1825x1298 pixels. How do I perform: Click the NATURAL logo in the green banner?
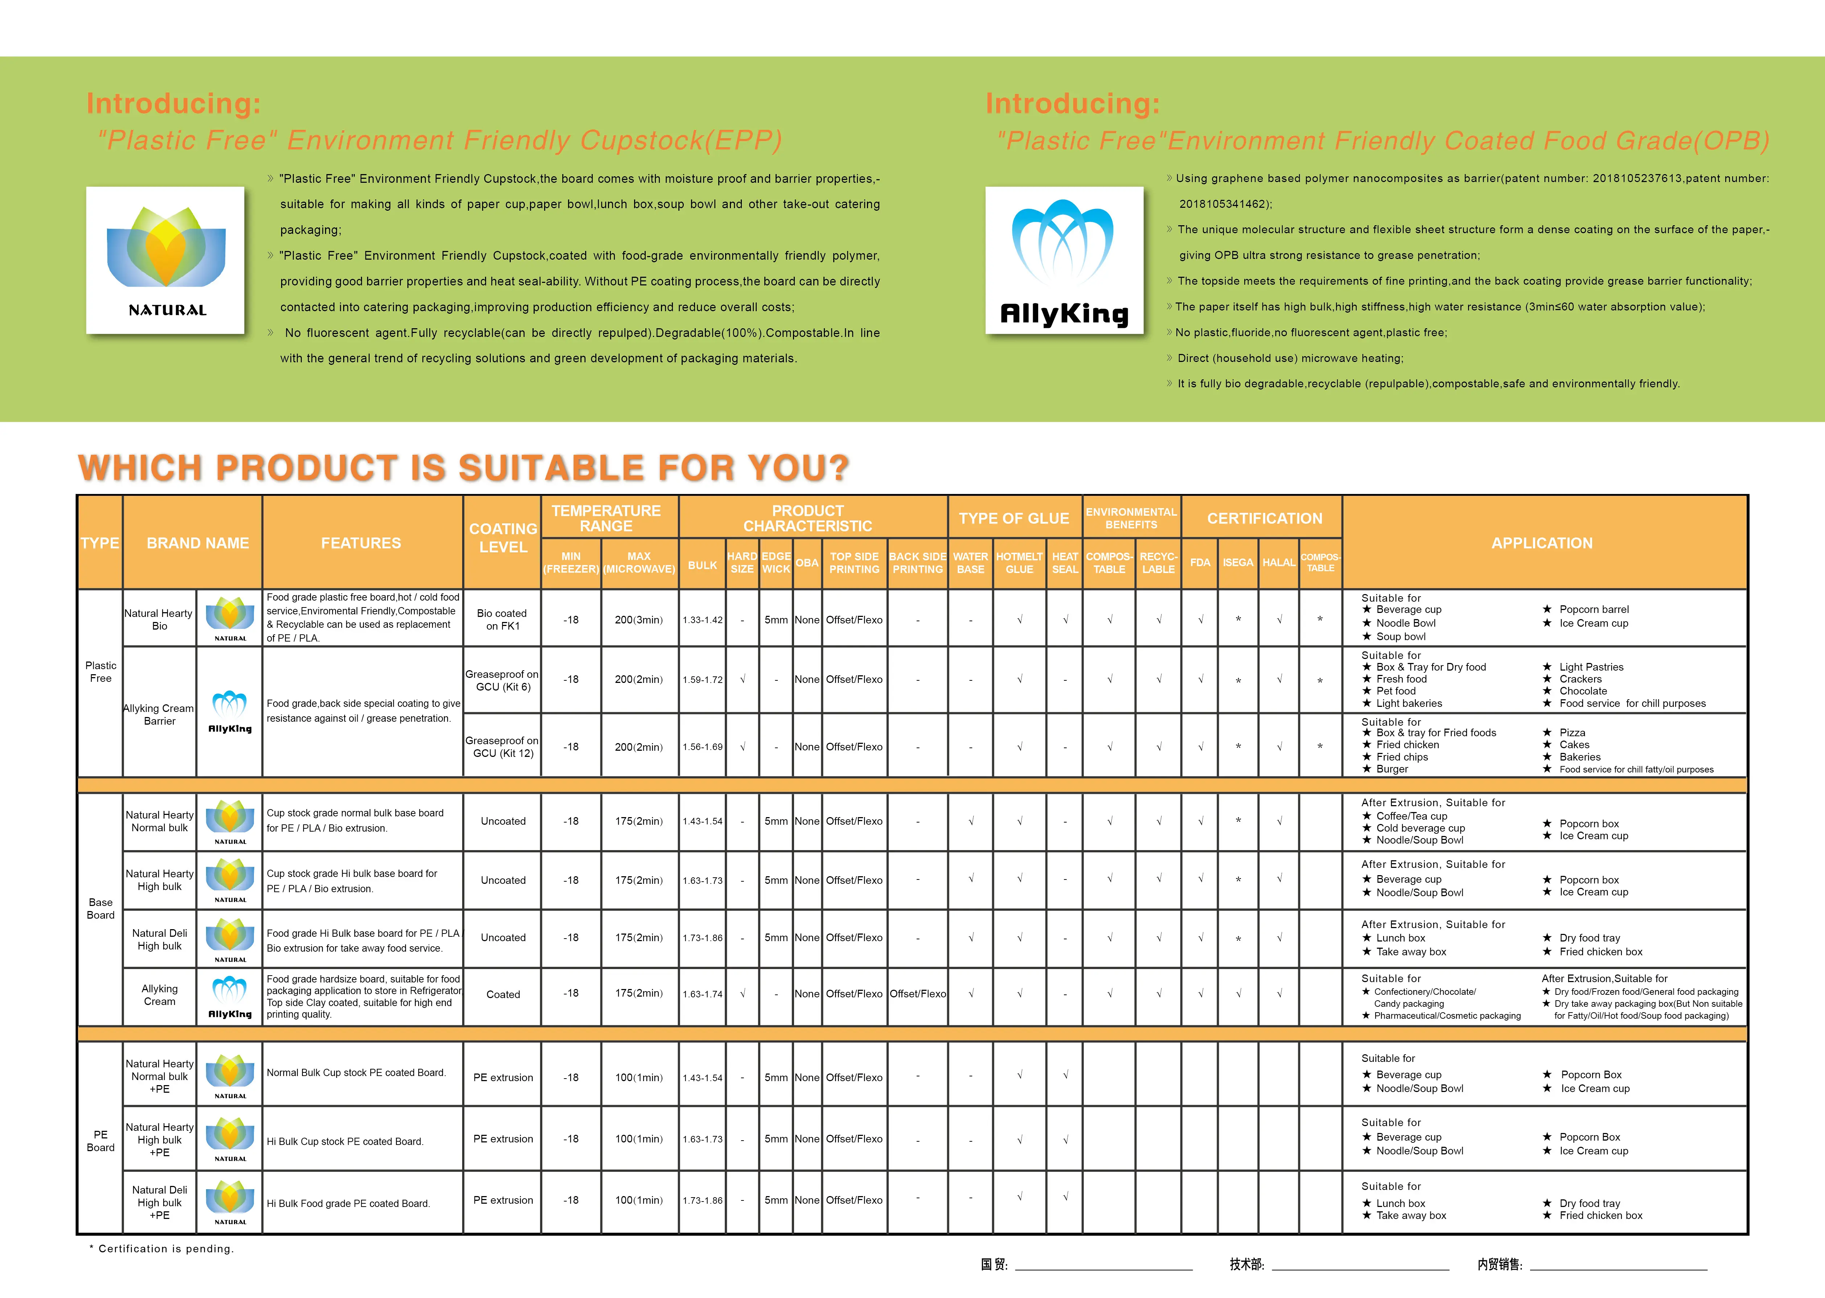[x=165, y=260]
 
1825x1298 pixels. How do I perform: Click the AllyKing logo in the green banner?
[x=1064, y=260]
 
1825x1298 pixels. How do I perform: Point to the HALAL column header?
[x=1278, y=563]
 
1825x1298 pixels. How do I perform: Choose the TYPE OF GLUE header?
[x=1014, y=518]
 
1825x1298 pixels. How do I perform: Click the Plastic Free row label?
[x=101, y=671]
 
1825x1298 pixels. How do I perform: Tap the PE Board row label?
[x=101, y=1141]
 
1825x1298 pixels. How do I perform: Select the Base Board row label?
[x=101, y=909]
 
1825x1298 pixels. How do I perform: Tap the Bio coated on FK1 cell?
[x=502, y=619]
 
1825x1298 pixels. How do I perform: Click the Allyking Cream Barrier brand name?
[x=159, y=714]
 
